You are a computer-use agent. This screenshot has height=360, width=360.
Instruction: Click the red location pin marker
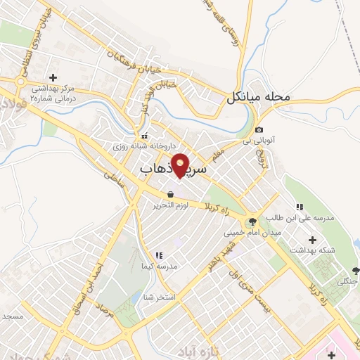click(x=181, y=165)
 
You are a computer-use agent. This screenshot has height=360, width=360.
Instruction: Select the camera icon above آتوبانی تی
click(x=259, y=130)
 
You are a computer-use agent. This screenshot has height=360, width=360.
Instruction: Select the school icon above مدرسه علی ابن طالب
click(x=299, y=207)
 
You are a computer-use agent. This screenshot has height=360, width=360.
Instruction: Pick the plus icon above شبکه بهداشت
click(x=312, y=240)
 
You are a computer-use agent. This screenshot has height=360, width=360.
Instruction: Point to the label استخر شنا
click(x=158, y=298)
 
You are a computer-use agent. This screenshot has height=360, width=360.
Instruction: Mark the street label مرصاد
click(x=108, y=303)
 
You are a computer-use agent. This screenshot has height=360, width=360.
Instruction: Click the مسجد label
click(x=13, y=316)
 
